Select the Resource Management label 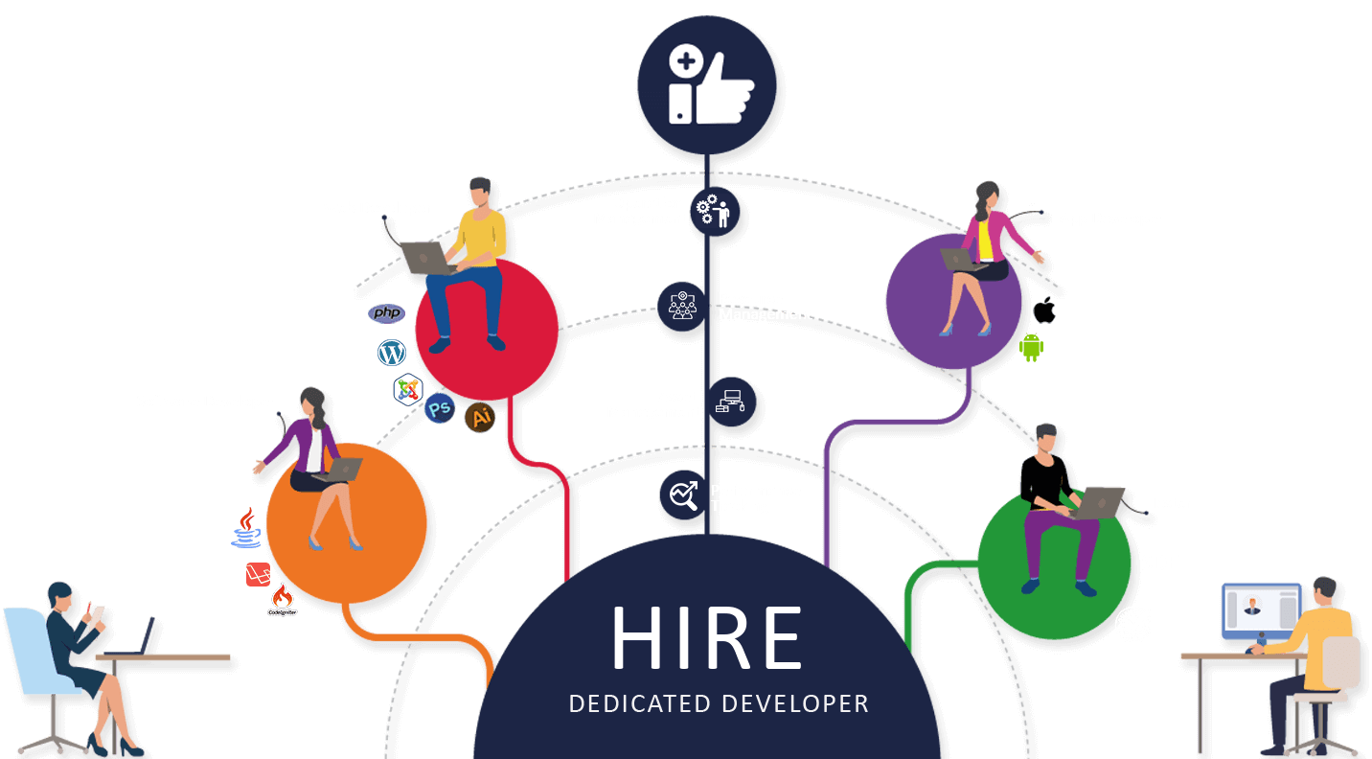[x=764, y=307]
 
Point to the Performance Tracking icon [x=683, y=495]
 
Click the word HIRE [x=707, y=637]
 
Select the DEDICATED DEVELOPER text [x=719, y=704]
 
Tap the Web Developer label [x=377, y=208]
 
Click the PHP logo [x=387, y=313]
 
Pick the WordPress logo [x=392, y=352]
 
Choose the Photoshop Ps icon [x=440, y=409]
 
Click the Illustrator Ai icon [x=480, y=417]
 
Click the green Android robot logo [x=1031, y=347]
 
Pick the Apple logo [x=1043, y=310]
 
